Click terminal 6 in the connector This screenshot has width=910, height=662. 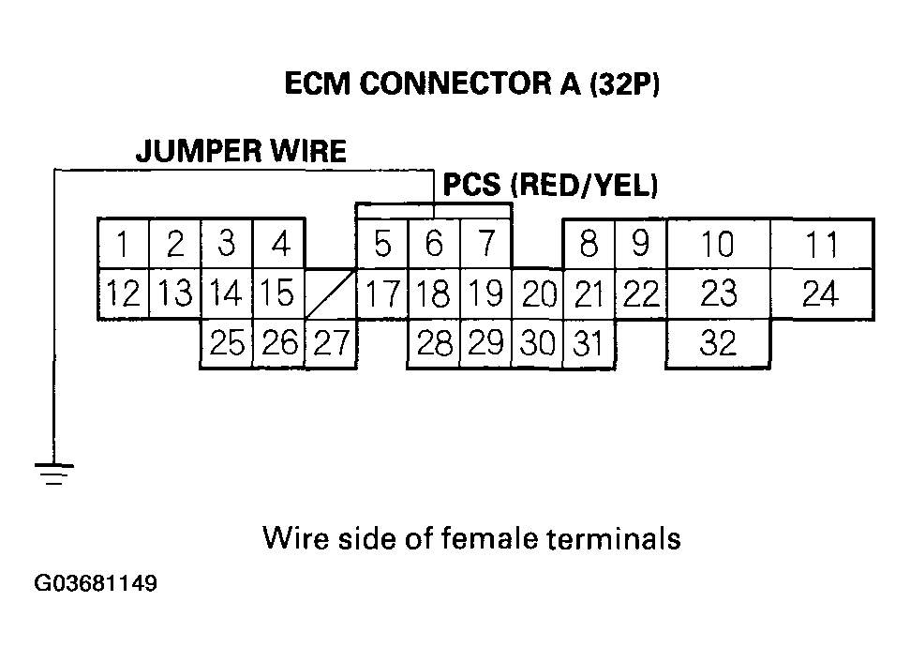click(434, 246)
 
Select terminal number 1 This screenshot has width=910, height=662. click(123, 246)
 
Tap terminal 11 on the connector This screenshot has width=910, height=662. click(822, 246)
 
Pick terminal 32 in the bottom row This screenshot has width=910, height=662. click(718, 344)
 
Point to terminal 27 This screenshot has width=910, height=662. click(331, 344)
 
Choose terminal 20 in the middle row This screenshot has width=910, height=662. click(539, 295)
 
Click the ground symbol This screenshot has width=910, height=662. click(54, 473)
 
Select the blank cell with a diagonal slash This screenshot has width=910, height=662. click(331, 294)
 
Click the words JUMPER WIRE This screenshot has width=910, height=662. click(241, 152)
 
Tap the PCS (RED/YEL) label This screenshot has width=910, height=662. click(550, 186)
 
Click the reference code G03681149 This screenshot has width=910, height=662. click(96, 584)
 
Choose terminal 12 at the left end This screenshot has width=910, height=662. click(123, 295)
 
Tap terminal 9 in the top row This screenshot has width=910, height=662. click(640, 246)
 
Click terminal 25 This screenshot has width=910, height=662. click(227, 344)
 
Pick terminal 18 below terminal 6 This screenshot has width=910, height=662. click(433, 295)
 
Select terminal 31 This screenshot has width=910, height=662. click(588, 345)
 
